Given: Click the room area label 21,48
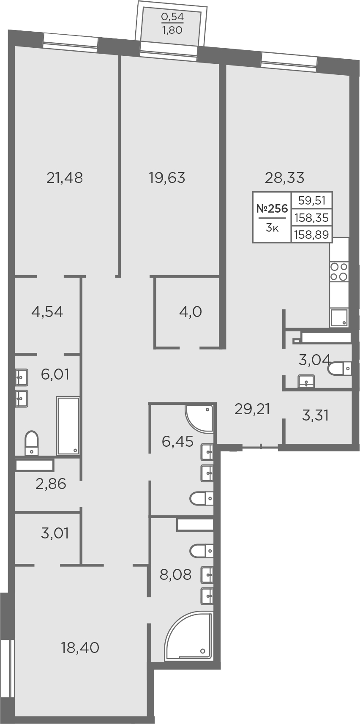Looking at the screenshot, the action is (x=65, y=178).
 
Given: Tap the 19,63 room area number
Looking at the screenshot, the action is (x=167, y=178).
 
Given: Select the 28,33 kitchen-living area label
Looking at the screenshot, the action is (x=285, y=178).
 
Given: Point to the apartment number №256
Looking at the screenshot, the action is (x=272, y=209).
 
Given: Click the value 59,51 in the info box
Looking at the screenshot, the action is (x=312, y=201).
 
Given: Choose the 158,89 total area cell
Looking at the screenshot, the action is (x=312, y=234).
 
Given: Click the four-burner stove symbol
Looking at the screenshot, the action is (x=339, y=272).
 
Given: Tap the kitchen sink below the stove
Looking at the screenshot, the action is (x=339, y=318).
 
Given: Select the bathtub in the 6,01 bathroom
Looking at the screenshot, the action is (x=68, y=426).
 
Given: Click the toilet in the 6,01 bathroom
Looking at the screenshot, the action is (x=32, y=443).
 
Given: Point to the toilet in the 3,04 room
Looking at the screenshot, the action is (x=340, y=368).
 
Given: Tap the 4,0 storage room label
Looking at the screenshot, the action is (x=191, y=312).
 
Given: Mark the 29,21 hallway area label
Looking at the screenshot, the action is (x=252, y=410).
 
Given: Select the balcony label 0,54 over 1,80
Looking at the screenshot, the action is (x=172, y=23).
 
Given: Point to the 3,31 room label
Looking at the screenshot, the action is (x=315, y=415).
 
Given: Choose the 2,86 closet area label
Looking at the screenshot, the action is (x=51, y=484).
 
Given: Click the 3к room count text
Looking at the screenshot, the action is (x=272, y=228).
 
